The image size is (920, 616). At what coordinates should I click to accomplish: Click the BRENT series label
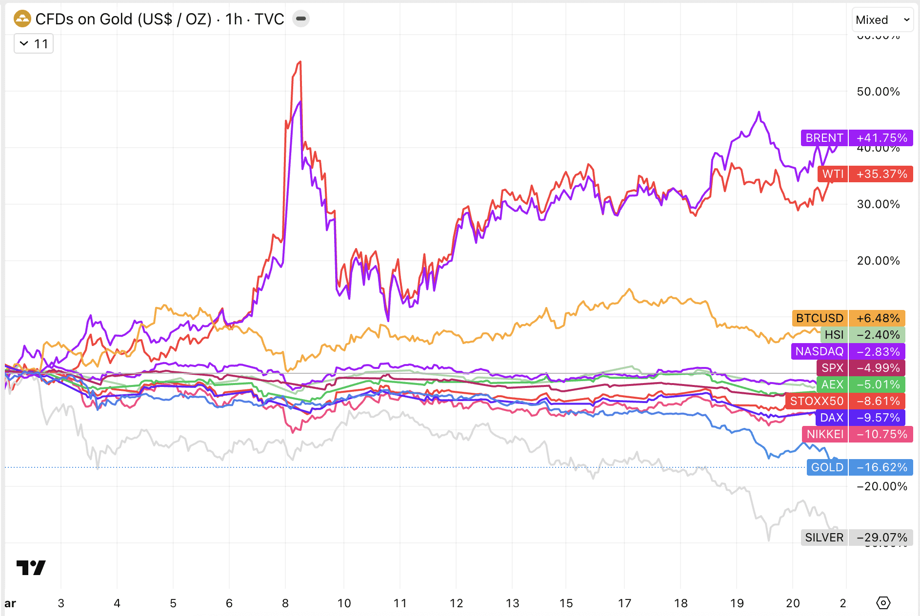click(824, 138)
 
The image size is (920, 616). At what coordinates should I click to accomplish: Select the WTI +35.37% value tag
click(881, 174)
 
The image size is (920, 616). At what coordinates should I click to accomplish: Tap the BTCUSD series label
click(820, 318)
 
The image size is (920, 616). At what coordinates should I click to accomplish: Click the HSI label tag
click(834, 335)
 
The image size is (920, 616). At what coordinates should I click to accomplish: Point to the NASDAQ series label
click(819, 351)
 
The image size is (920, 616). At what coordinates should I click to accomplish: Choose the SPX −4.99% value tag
click(878, 368)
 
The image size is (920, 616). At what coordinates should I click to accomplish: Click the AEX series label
click(832, 385)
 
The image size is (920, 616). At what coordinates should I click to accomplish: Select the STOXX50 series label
click(817, 401)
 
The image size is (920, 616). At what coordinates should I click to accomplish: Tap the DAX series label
click(831, 418)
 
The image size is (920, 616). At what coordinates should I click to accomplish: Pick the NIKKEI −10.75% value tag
click(881, 434)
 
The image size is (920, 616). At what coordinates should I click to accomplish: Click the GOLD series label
click(827, 467)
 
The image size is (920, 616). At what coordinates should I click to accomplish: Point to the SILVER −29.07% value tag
click(881, 538)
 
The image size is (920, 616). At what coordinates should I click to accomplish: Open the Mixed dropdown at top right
click(882, 20)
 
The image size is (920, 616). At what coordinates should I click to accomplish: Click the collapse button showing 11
click(34, 44)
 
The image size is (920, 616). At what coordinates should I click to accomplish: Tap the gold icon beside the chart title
click(22, 19)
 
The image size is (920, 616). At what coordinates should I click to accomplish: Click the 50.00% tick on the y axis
click(878, 92)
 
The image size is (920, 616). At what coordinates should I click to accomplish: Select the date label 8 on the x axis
click(285, 603)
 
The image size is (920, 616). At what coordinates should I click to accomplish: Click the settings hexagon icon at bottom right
click(883, 603)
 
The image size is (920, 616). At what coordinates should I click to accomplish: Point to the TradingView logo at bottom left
click(31, 567)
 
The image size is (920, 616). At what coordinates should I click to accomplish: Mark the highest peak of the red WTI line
click(300, 62)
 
